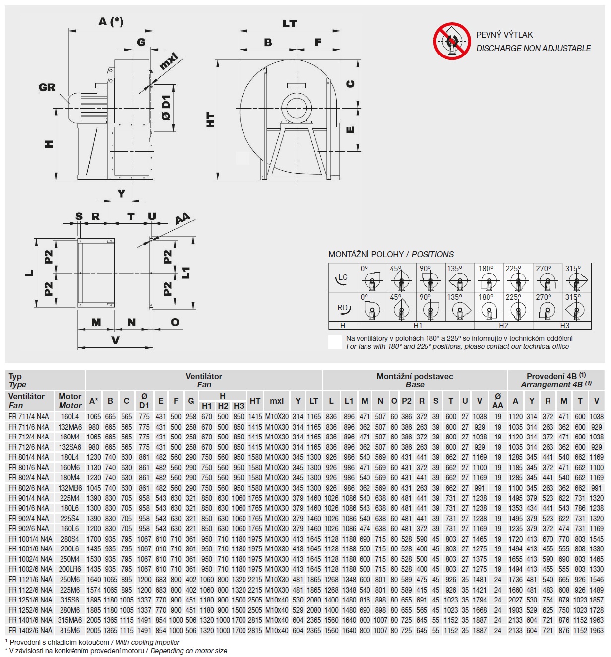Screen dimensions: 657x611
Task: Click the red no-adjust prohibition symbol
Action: coord(451,41)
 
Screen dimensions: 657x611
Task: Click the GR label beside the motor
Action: coord(47,88)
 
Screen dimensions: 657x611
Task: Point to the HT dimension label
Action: coord(211,120)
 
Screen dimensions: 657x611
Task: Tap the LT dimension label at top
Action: coord(290,23)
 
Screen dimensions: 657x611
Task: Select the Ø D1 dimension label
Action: coord(166,108)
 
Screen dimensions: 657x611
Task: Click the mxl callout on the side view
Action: coord(169,61)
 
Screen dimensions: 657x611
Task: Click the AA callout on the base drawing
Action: coord(183,219)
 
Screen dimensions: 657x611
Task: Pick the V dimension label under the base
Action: coord(115,340)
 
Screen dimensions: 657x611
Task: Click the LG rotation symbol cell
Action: coord(343,278)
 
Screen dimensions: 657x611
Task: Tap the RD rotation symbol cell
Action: coord(343,308)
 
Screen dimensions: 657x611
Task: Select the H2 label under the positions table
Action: coord(503,326)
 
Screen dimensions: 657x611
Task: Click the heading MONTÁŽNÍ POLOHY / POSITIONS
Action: coord(391,254)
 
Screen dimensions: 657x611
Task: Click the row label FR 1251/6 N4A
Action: coord(30,600)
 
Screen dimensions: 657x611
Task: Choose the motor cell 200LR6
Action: coord(70,569)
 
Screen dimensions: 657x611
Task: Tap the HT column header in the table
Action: coord(255,401)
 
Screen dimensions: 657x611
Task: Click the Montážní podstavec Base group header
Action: coord(415,380)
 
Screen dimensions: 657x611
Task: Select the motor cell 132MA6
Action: coord(70,427)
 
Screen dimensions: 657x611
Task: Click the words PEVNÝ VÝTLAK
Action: coord(504,35)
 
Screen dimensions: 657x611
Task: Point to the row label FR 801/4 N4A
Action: coord(29,457)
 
